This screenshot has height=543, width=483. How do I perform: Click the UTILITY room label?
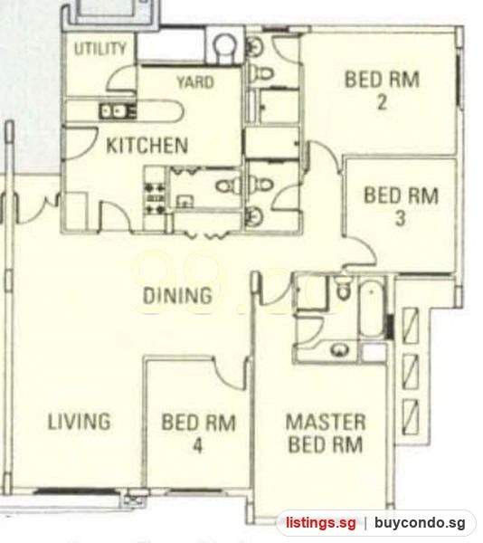click(x=100, y=49)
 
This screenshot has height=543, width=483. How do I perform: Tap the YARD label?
click(x=195, y=82)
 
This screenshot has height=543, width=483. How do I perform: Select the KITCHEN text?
click(x=147, y=146)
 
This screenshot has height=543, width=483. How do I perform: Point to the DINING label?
click(x=177, y=296)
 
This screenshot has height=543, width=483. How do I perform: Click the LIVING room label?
click(x=80, y=422)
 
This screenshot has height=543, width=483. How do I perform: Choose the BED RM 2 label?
click(x=382, y=90)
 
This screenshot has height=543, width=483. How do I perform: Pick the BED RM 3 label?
click(x=402, y=206)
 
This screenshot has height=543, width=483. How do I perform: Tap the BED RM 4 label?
click(x=199, y=433)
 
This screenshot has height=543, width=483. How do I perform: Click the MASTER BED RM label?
click(x=326, y=433)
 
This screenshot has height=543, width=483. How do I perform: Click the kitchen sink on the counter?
click(x=113, y=111)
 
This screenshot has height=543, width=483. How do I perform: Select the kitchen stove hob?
click(x=155, y=198)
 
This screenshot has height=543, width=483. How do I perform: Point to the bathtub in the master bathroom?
click(x=372, y=309)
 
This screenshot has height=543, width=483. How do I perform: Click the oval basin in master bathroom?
click(x=340, y=349)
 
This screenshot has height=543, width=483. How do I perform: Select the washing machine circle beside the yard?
click(x=225, y=47)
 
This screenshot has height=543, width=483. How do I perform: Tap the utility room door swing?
click(x=120, y=79)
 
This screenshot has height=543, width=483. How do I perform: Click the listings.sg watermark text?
click(x=321, y=522)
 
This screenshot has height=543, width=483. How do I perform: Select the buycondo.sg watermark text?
click(x=420, y=522)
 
